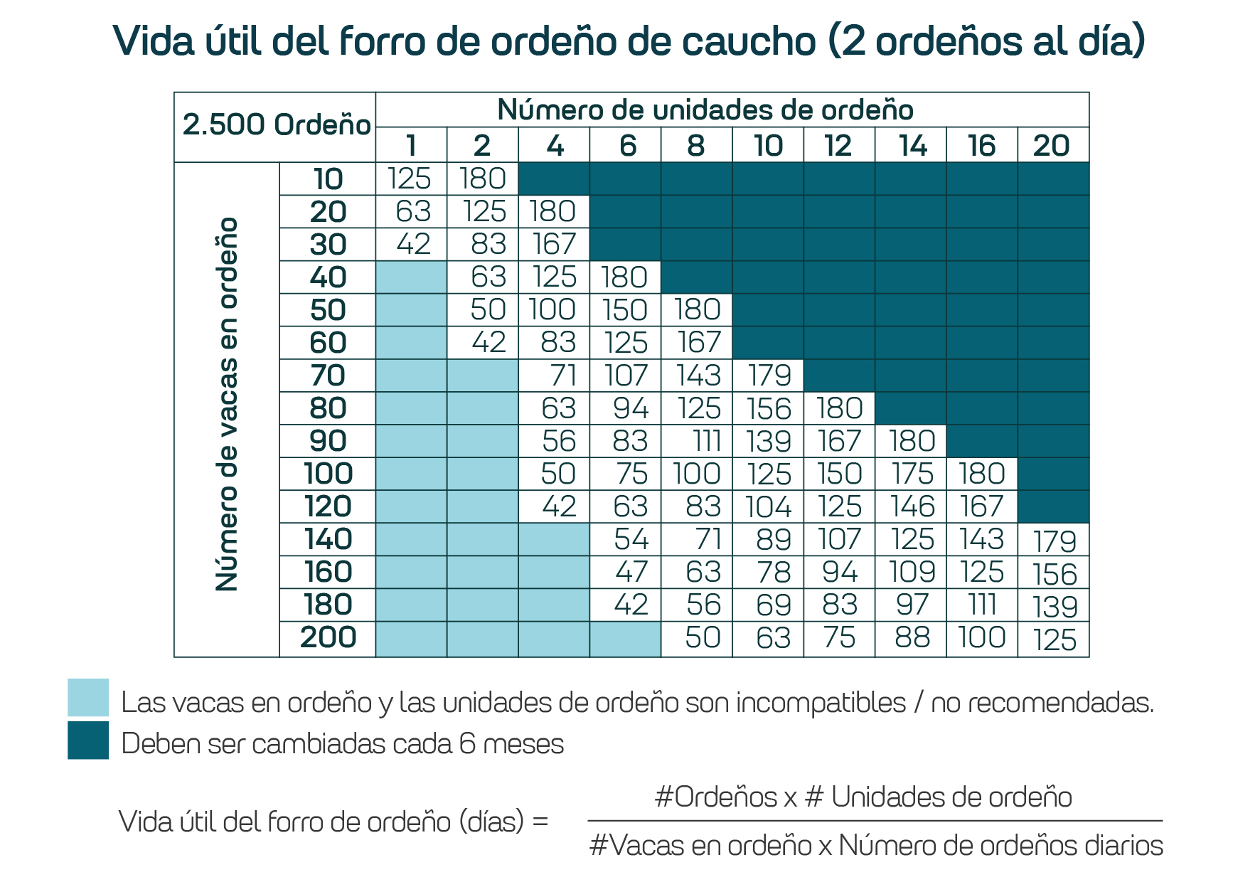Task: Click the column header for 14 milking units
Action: coord(912,146)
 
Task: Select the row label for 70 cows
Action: coord(328,376)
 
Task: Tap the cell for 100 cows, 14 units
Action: coord(912,474)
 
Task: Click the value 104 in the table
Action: coord(768,506)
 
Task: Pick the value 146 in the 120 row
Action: coord(912,506)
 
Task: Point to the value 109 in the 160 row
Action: coord(912,572)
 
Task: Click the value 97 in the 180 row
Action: coord(912,605)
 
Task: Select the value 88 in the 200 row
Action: coord(912,637)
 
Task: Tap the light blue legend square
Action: coord(88,697)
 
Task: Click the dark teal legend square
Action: coord(88,740)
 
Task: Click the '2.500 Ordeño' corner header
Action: coord(276,125)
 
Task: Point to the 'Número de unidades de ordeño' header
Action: coord(705,110)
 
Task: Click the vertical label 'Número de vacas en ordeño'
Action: coord(227,404)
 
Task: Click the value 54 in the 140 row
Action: coord(631,539)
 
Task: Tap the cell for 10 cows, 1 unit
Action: coord(410,179)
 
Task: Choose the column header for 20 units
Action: coord(1052,146)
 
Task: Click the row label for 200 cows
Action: coord(328,637)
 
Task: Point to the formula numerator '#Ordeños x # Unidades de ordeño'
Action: coord(863,797)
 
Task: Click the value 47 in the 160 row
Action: coord(631,572)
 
